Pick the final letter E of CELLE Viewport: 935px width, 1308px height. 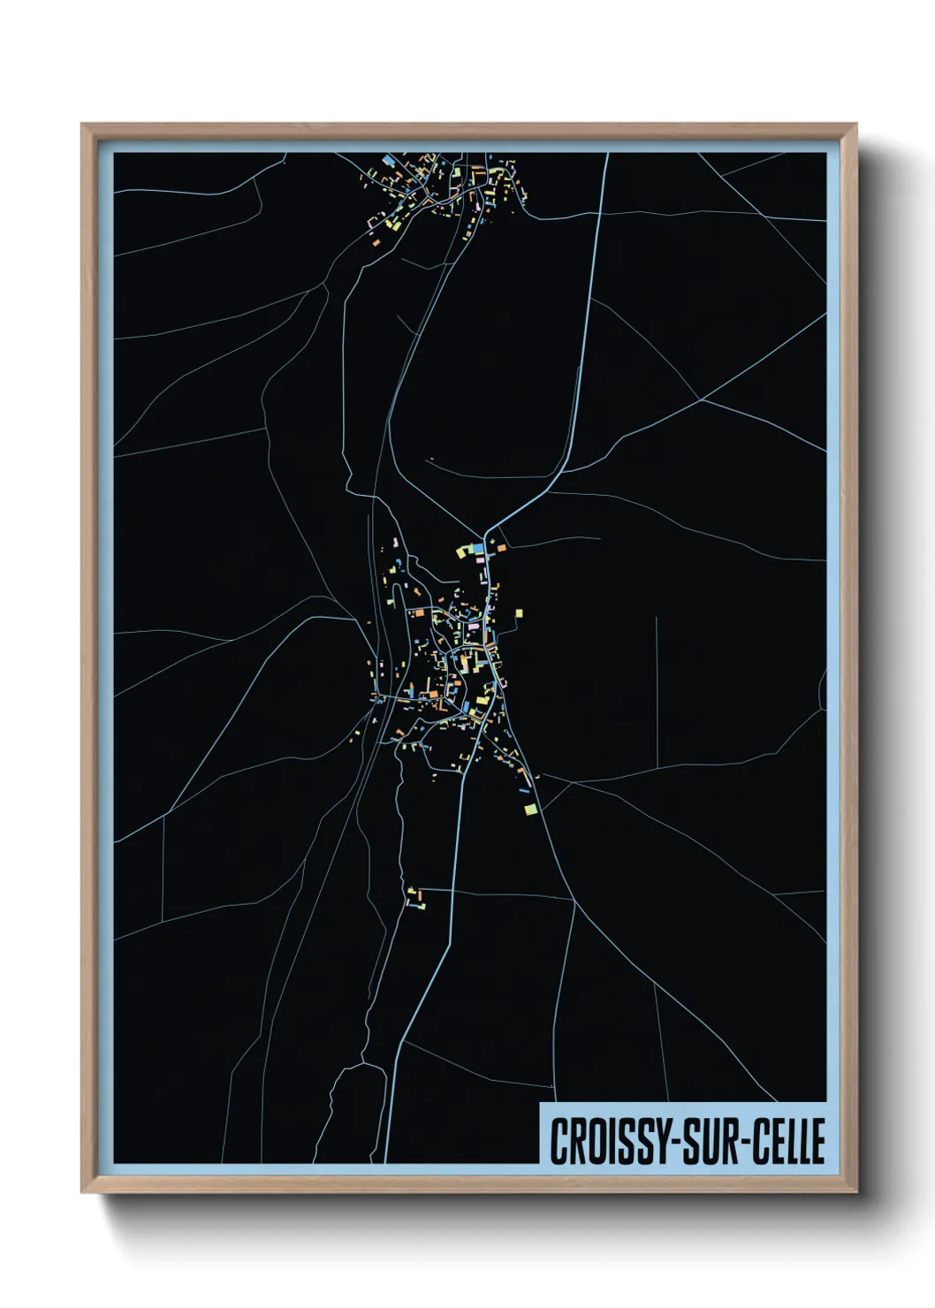tap(818, 1141)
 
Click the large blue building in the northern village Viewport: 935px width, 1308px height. tap(387, 161)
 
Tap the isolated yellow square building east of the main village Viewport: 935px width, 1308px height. tap(519, 612)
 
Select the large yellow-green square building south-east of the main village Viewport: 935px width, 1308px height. tap(530, 808)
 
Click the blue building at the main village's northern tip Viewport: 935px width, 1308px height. tap(478, 549)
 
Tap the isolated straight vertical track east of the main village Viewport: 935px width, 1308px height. tap(657, 689)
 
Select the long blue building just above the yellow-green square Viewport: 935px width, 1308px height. tap(524, 791)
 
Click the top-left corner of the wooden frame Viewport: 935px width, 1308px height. tap(82, 125)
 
